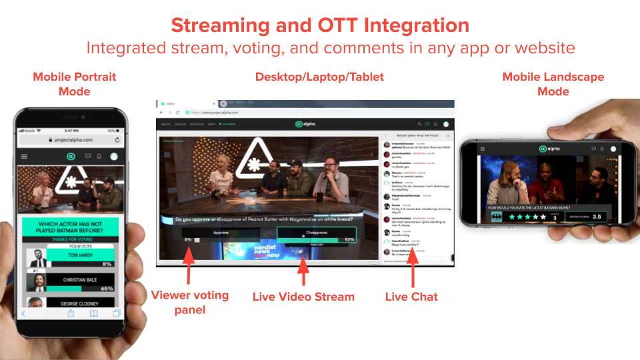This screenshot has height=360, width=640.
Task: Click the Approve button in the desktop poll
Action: click(221, 233)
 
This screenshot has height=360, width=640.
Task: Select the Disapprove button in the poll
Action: click(316, 233)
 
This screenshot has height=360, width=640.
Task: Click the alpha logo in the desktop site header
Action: click(305, 124)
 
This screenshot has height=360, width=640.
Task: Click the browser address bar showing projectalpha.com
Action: click(267, 112)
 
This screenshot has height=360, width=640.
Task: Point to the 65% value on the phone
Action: click(106, 289)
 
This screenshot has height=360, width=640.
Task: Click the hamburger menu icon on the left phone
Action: click(25, 157)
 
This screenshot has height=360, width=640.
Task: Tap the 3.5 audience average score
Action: click(597, 217)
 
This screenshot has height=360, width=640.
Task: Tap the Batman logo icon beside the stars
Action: click(496, 217)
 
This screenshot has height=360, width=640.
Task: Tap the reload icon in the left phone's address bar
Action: click(118, 141)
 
